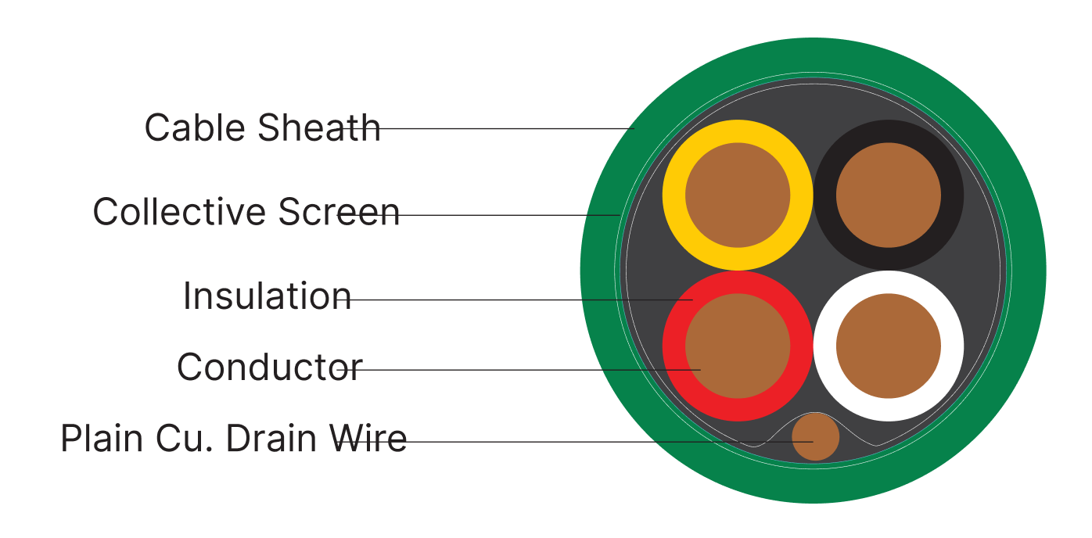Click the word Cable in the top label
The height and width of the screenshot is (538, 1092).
tap(195, 127)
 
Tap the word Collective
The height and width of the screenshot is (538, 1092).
tap(179, 212)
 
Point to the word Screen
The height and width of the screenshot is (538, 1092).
tap(339, 212)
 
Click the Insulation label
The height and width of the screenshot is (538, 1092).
tap(267, 296)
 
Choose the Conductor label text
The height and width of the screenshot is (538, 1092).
tap(269, 367)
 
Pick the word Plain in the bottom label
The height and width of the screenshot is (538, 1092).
tap(99, 439)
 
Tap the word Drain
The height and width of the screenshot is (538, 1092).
tap(271, 439)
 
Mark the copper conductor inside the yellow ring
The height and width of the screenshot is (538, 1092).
tap(738, 195)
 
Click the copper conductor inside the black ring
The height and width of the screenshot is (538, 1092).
tap(889, 195)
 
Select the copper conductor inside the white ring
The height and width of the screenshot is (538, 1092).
tap(889, 346)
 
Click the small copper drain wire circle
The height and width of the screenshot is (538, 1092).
tap(816, 437)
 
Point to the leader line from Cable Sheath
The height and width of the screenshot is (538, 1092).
tap(508, 128)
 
